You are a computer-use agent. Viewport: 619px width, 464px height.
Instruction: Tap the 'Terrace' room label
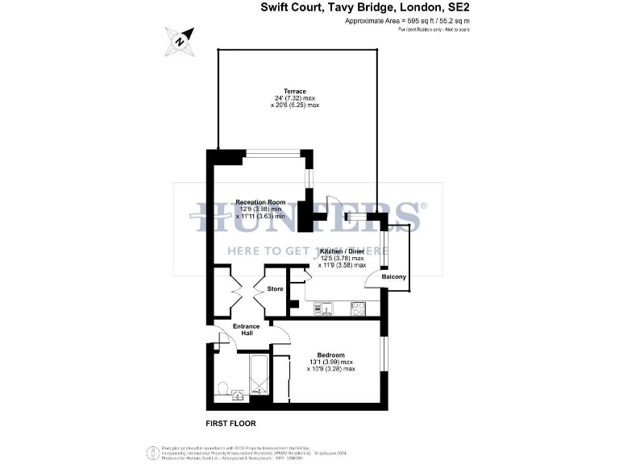tap(294, 91)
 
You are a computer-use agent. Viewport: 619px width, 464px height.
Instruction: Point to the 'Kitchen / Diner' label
tap(343, 251)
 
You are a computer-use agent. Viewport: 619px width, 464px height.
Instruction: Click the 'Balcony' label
tap(394, 278)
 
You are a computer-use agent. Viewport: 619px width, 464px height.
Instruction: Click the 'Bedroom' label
tap(330, 355)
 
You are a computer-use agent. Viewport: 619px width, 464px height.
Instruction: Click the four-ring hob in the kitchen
tap(357, 307)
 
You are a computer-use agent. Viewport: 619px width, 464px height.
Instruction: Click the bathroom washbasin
tap(239, 395)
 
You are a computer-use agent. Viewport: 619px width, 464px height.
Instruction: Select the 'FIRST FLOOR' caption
tap(231, 423)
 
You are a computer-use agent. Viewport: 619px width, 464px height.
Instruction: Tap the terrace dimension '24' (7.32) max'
tap(294, 98)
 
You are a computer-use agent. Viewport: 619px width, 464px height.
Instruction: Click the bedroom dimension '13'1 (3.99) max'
tap(330, 362)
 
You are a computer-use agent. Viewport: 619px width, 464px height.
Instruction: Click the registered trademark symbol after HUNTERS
tap(425, 205)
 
